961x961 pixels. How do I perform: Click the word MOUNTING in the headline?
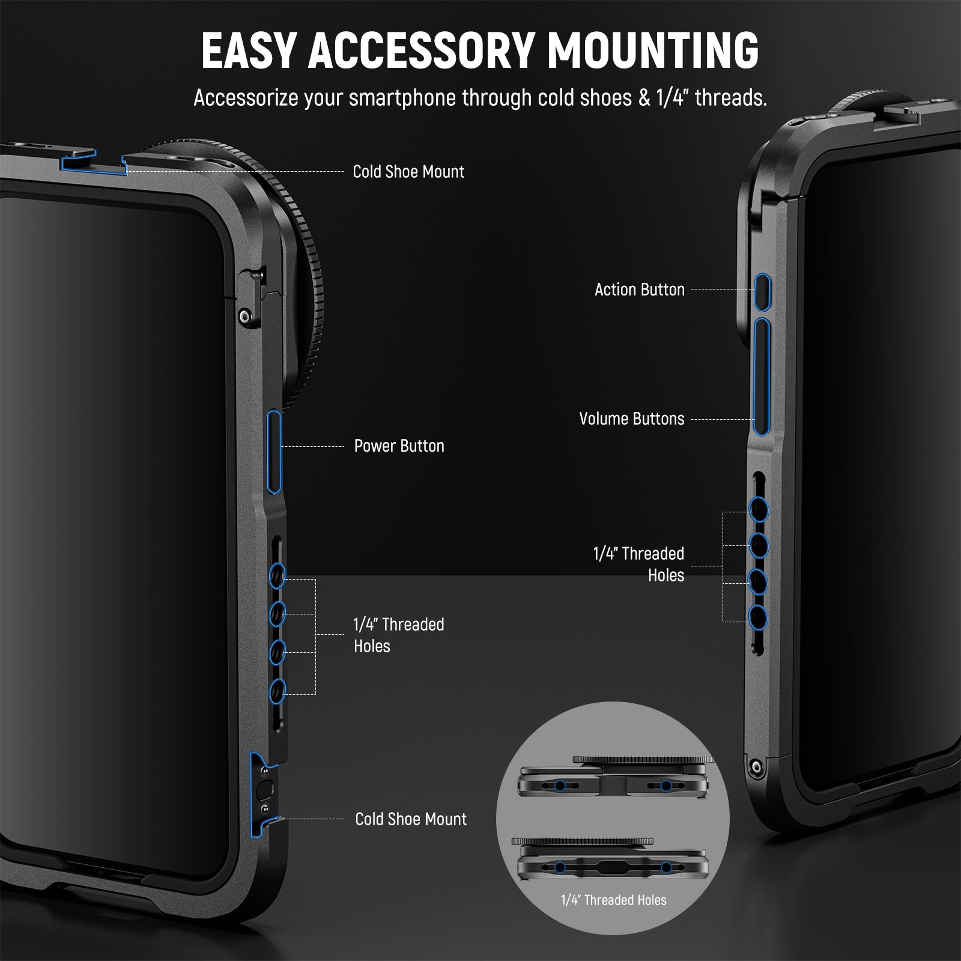pyautogui.click(x=653, y=50)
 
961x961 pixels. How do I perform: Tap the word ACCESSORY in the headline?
pyautogui.click(x=420, y=50)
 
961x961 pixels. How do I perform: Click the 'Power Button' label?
pyautogui.click(x=399, y=446)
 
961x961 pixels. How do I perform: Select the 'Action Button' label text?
pyautogui.click(x=640, y=290)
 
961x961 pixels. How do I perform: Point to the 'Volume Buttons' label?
pyautogui.click(x=632, y=419)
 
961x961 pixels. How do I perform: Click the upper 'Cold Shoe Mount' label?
pyautogui.click(x=408, y=172)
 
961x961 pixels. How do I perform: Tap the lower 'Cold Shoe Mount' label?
pyautogui.click(x=411, y=819)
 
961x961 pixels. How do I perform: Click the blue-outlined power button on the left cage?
pyautogui.click(x=274, y=452)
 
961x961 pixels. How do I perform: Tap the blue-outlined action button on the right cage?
pyautogui.click(x=763, y=293)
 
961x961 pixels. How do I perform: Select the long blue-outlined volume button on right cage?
pyautogui.click(x=762, y=377)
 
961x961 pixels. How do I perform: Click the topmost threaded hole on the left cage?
pyautogui.click(x=277, y=576)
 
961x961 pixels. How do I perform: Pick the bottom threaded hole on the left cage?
pyautogui.click(x=277, y=691)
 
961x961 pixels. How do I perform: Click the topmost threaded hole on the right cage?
pyautogui.click(x=759, y=510)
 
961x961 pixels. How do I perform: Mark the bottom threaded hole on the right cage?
pyautogui.click(x=759, y=618)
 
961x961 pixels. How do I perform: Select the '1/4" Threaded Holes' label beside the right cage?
pyautogui.click(x=639, y=564)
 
